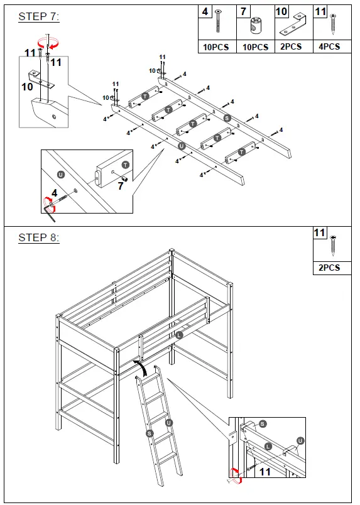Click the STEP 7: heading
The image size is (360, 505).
point(38,17)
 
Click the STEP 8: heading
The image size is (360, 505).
point(38,237)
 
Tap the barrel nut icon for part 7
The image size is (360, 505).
point(256,26)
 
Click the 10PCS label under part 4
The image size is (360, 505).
point(216,47)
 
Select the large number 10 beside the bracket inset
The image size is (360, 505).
point(27,87)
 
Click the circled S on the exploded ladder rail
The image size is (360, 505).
point(227,117)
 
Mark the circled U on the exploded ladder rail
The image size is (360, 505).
point(182,146)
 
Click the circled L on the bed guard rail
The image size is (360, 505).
point(180,335)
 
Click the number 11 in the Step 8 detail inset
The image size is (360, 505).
point(265,471)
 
